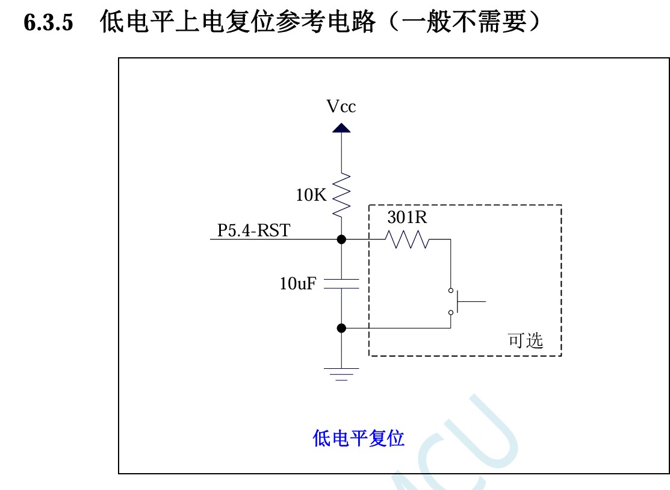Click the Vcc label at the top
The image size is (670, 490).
[x=341, y=107]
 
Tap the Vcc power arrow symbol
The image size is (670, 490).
[x=341, y=128]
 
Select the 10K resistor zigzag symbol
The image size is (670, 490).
[x=341, y=194]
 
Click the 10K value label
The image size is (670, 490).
[x=311, y=195]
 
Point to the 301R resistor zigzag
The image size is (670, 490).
[x=408, y=240]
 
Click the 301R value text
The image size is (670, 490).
[x=407, y=218]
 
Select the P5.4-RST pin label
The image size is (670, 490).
[x=253, y=230]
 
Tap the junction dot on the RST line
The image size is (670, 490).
[x=341, y=239]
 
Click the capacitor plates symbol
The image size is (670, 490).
[x=341, y=284]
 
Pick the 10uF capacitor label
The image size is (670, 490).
[x=297, y=284]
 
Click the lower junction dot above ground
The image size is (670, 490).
[x=341, y=328]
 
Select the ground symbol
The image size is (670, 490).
[x=341, y=374]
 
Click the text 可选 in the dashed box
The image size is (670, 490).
[x=526, y=341]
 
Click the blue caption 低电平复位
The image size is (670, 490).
[x=358, y=438]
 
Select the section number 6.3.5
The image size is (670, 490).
[x=48, y=23]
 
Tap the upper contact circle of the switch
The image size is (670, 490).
[x=450, y=291]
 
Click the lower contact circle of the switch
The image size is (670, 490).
[x=450, y=312]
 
